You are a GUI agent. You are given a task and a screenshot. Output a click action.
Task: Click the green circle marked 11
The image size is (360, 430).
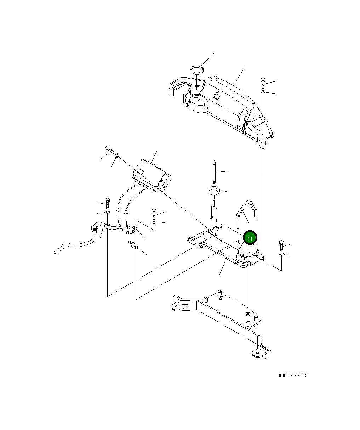click(250, 239)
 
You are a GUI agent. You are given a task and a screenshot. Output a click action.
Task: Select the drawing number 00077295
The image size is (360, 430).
click(293, 375)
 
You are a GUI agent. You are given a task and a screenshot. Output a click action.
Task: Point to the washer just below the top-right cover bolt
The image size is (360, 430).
click(263, 92)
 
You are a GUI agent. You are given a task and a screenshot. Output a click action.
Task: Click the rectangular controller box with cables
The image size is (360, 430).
click(152, 175)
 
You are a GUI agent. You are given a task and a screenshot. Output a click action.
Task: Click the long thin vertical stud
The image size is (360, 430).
click(214, 171)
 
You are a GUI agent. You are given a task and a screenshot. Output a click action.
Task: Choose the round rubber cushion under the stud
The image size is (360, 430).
click(214, 192)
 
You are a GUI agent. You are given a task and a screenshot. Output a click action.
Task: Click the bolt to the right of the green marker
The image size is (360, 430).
click(281, 245)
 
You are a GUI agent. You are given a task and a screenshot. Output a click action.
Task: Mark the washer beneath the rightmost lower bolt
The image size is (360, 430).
click(281, 255)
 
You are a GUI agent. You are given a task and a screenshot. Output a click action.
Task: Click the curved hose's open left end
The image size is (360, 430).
click(56, 252)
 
